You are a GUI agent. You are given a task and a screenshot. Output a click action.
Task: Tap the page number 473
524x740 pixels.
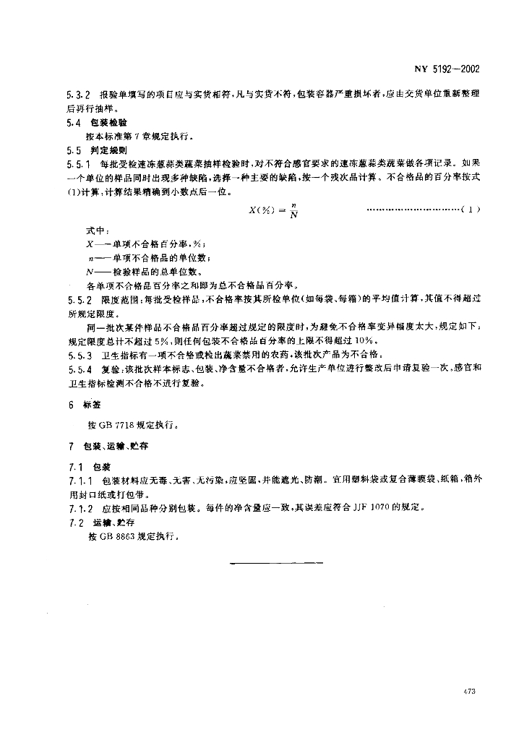(x=468, y=693)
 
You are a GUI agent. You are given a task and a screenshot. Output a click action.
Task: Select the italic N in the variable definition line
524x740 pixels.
(x=88, y=272)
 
